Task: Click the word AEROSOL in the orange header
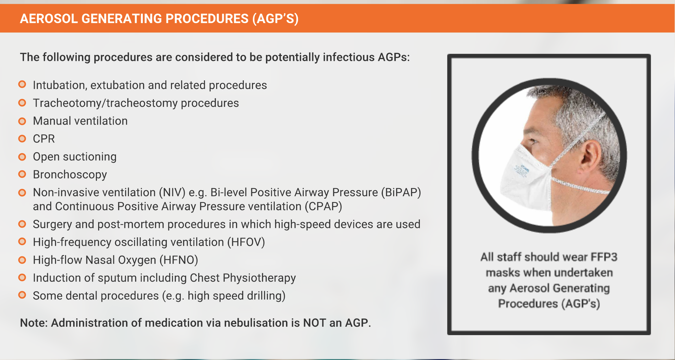point(49,18)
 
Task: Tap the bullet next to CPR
point(22,139)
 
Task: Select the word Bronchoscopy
point(70,175)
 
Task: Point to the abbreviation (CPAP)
point(323,207)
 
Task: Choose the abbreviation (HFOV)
point(246,242)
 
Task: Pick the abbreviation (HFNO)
point(179,260)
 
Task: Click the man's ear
point(592,156)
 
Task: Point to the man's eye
point(532,141)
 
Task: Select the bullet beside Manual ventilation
point(22,121)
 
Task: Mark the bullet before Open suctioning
point(22,157)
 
